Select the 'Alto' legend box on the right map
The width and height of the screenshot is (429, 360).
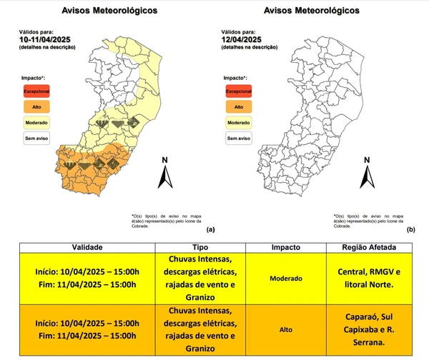click(x=238, y=107)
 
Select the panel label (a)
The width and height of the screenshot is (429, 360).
click(x=209, y=229)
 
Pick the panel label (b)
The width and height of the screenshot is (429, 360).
click(x=411, y=229)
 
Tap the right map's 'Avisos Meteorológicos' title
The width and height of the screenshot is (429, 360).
click(x=312, y=11)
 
